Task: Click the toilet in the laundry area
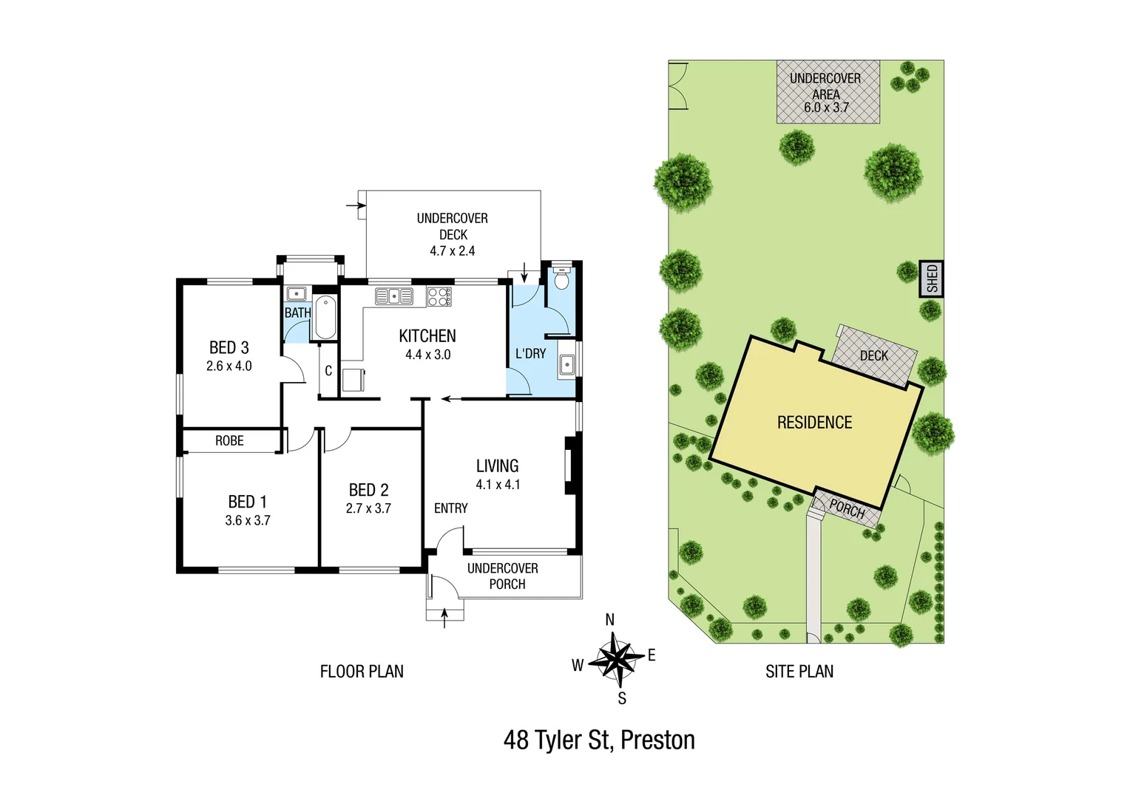(561, 279)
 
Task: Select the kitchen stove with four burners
(439, 297)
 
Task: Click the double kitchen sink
(393, 296)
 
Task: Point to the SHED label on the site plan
(932, 279)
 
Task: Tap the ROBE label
(229, 441)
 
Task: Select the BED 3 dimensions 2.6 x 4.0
(229, 366)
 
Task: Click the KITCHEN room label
(427, 336)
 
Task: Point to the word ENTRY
(450, 508)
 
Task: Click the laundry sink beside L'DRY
(566, 364)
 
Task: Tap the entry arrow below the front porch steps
(444, 617)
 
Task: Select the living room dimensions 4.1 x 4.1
(498, 485)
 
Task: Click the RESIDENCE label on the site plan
(814, 423)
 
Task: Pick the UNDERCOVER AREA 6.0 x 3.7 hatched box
(828, 92)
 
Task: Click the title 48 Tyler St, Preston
(599, 740)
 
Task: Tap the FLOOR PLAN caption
(362, 672)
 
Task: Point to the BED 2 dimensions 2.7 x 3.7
(368, 508)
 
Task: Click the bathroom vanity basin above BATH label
(297, 293)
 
